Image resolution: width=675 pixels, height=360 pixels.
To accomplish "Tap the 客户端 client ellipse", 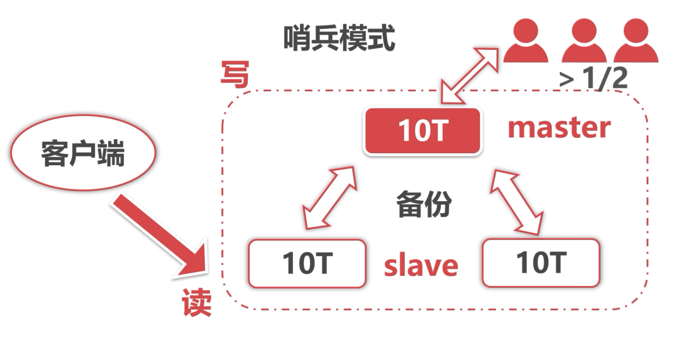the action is [83, 154].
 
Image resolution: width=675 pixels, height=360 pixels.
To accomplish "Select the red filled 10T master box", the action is [423, 130].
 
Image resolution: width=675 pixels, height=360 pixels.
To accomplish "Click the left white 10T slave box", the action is [307, 264].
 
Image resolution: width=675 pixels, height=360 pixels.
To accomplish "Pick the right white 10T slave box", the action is [541, 262].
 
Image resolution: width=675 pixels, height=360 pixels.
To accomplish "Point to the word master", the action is [559, 128].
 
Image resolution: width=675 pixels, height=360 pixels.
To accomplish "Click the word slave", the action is [421, 266].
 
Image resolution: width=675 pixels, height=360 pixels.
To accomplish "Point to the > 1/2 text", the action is [593, 79].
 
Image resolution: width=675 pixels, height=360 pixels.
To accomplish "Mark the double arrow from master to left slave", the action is [329, 197].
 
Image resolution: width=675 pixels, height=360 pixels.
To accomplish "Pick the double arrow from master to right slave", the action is [517, 201].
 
